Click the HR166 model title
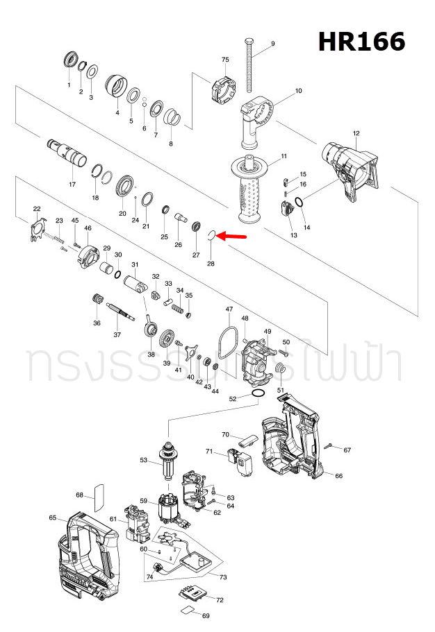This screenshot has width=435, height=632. click(x=361, y=42)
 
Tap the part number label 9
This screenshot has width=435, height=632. click(x=272, y=44)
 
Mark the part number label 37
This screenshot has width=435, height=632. click(x=117, y=335)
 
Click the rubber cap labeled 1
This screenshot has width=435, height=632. click(x=69, y=60)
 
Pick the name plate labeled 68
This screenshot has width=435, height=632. click(x=98, y=494)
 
